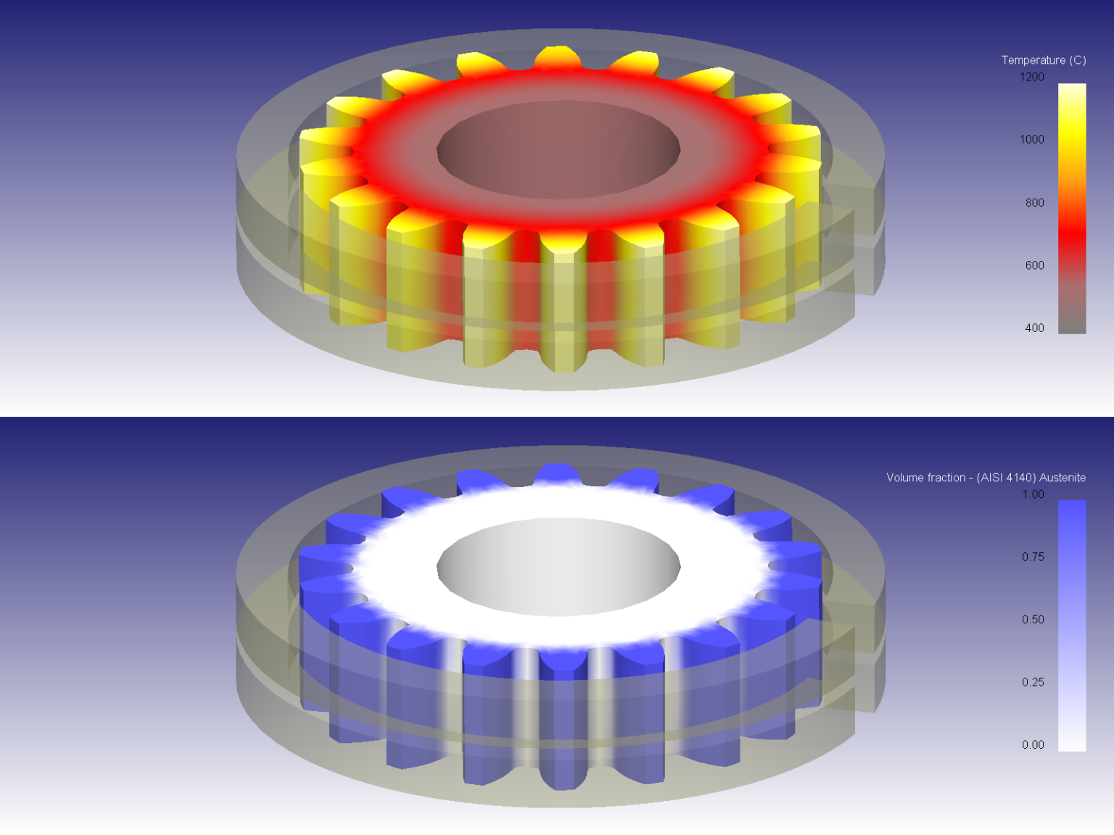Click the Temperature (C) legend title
[1043, 60]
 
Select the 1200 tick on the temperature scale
[1032, 77]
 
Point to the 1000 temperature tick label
[1032, 139]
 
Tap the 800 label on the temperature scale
[1034, 203]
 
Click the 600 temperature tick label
[1034, 265]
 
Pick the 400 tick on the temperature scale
[1034, 328]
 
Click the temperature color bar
[1072, 209]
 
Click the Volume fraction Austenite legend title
[986, 478]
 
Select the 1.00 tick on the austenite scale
[1033, 494]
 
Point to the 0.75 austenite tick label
[1033, 557]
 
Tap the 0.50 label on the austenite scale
[1033, 620]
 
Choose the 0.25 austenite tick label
[1033, 682]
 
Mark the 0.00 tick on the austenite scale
[1033, 745]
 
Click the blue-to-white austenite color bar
[1072, 626]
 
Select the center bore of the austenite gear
[558, 566]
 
